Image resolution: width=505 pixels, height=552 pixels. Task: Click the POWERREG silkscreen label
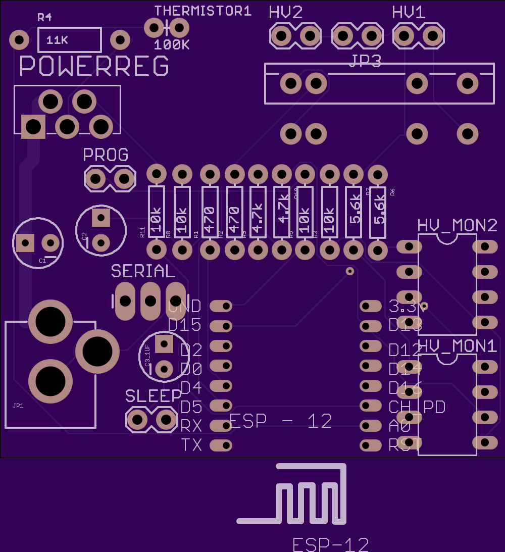[94, 66]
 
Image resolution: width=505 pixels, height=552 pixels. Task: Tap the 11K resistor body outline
[70, 40]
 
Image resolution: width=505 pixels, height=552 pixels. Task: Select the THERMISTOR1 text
[203, 11]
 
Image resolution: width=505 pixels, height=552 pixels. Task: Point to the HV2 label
[286, 13]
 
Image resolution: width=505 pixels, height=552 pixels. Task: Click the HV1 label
[409, 13]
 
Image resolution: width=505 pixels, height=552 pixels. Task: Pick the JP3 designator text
[365, 61]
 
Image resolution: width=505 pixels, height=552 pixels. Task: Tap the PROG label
[106, 155]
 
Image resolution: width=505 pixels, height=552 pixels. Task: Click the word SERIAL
[143, 271]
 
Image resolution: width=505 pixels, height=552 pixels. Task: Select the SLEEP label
[154, 396]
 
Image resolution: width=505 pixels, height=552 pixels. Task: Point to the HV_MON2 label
[458, 225]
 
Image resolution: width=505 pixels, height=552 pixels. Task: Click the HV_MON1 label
[458, 346]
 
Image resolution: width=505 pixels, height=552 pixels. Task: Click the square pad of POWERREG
[33, 126]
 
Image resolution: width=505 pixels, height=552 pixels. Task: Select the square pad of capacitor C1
[24, 243]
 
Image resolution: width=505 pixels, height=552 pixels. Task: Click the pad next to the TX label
[221, 445]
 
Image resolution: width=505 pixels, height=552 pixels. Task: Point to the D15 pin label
[184, 325]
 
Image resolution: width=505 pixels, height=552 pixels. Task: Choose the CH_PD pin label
[417, 407]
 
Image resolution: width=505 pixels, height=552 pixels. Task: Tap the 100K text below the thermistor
[172, 45]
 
